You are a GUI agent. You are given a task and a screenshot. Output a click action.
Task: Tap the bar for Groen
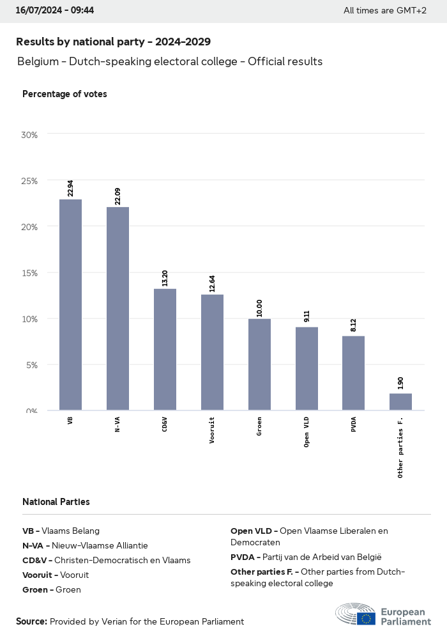(x=259, y=364)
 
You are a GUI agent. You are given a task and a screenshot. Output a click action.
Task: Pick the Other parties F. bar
(x=400, y=402)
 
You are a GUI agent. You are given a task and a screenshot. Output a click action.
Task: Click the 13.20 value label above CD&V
(x=165, y=277)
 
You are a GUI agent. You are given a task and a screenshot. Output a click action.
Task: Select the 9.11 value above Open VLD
(x=307, y=316)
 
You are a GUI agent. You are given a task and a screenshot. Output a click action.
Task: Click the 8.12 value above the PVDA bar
(x=354, y=325)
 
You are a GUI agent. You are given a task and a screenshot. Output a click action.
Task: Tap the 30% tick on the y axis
(x=30, y=135)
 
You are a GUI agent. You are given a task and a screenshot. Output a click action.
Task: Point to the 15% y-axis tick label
(x=30, y=273)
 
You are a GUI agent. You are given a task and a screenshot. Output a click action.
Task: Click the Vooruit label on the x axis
(x=212, y=430)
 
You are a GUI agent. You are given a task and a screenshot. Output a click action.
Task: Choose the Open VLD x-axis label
(x=307, y=432)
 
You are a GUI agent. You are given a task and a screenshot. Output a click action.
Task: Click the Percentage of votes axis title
(x=64, y=94)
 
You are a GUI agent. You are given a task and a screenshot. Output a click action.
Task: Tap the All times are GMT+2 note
(x=384, y=10)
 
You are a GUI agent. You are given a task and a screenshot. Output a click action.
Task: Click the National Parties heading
(x=56, y=502)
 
